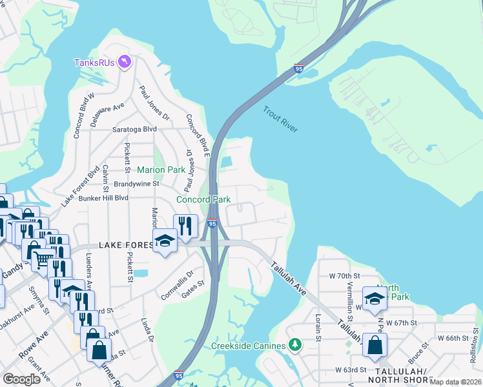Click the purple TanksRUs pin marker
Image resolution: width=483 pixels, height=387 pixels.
(125, 62)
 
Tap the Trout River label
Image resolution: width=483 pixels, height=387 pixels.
(280, 119)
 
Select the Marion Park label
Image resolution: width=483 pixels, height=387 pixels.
(161, 170)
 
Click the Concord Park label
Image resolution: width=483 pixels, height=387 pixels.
(203, 199)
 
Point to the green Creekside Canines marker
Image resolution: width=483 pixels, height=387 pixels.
(295, 346)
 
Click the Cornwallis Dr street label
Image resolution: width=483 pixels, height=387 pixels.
(177, 284)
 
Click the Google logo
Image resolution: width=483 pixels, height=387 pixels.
(22, 379)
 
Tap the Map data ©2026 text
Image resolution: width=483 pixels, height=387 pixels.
(455, 382)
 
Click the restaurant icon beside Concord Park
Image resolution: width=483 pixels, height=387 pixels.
(186, 224)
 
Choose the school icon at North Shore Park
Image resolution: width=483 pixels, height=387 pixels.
(374, 297)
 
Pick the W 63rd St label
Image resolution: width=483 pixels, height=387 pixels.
(351, 370)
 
